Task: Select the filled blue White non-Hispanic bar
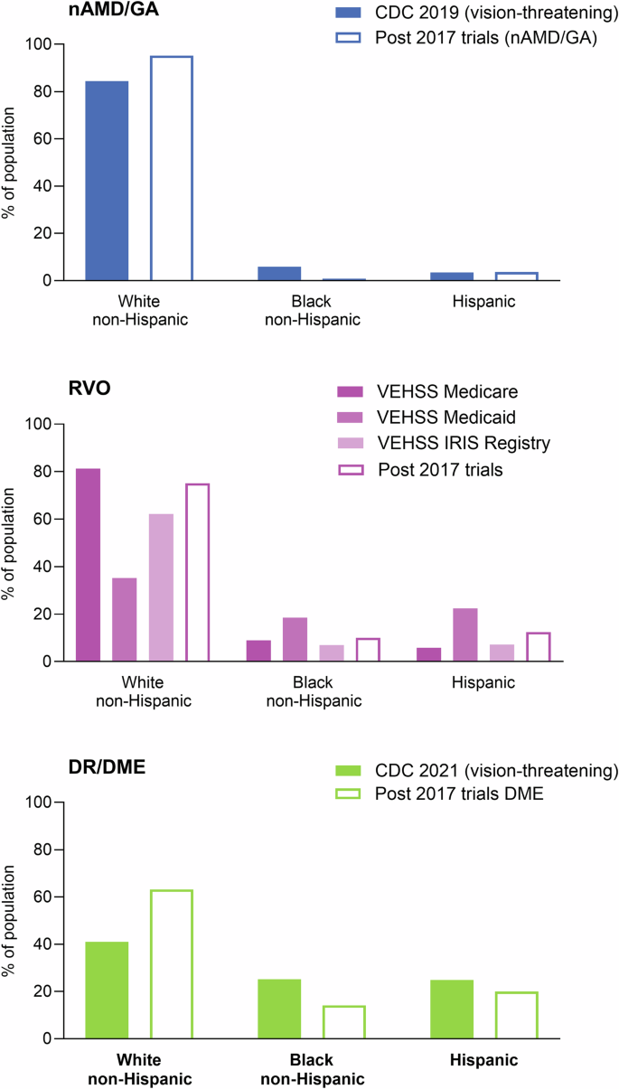107,181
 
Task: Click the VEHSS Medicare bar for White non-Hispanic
88,565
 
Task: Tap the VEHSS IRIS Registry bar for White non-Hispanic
161,587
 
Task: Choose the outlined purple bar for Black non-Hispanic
367,650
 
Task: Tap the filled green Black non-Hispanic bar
280,1009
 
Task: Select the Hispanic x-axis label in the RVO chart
484,683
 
